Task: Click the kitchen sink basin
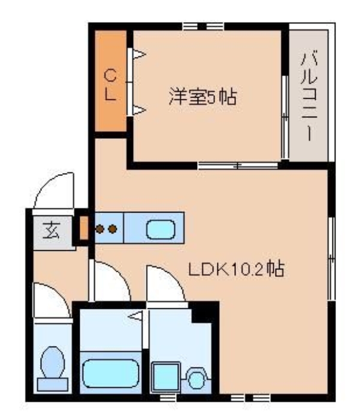[161, 229]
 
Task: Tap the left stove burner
[100, 228]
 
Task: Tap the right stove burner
[112, 228]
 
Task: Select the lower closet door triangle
[138, 109]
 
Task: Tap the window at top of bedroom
[203, 26]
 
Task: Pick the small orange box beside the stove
[84, 228]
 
